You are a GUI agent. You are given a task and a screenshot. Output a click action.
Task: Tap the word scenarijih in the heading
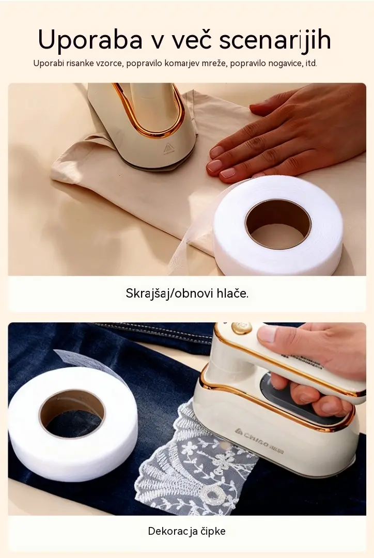275,40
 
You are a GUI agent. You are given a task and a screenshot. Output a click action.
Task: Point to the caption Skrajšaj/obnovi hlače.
187,293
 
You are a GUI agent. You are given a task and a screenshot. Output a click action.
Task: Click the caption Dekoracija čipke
187,531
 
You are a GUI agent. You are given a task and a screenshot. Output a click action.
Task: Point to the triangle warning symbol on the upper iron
169,148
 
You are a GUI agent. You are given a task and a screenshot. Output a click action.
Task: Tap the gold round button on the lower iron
241,328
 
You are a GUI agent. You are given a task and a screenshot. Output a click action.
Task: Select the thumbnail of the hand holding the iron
268,334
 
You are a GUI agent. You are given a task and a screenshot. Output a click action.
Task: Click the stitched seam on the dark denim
153,333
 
